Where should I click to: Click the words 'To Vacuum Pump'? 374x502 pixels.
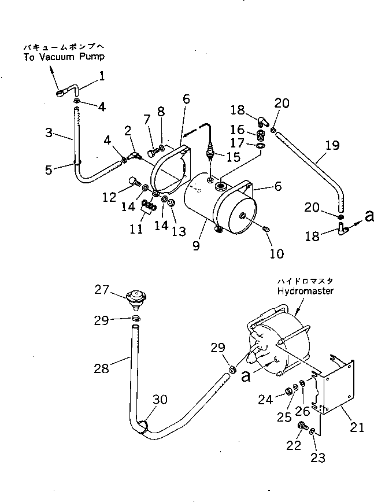tap(64, 57)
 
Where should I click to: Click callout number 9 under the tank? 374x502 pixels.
tap(196, 246)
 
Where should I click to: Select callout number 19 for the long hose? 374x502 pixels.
tap(332, 145)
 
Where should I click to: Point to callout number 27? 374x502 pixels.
tap(102, 290)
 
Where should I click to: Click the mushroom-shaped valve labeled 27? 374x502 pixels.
tap(136, 300)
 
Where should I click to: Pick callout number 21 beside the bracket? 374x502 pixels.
tap(357, 427)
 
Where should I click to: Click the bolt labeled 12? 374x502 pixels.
tap(134, 182)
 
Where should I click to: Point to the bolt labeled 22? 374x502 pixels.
tap(302, 426)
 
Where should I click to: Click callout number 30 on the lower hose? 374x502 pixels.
tap(160, 399)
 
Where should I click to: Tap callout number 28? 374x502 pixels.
tap(101, 368)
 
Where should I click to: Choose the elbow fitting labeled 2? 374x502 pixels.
tap(135, 156)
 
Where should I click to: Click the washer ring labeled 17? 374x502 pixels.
tap(261, 146)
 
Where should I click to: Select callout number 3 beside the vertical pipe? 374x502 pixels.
tap(49, 132)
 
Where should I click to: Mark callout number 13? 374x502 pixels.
tap(179, 231)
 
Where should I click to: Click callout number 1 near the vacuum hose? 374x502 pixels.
tap(102, 76)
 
